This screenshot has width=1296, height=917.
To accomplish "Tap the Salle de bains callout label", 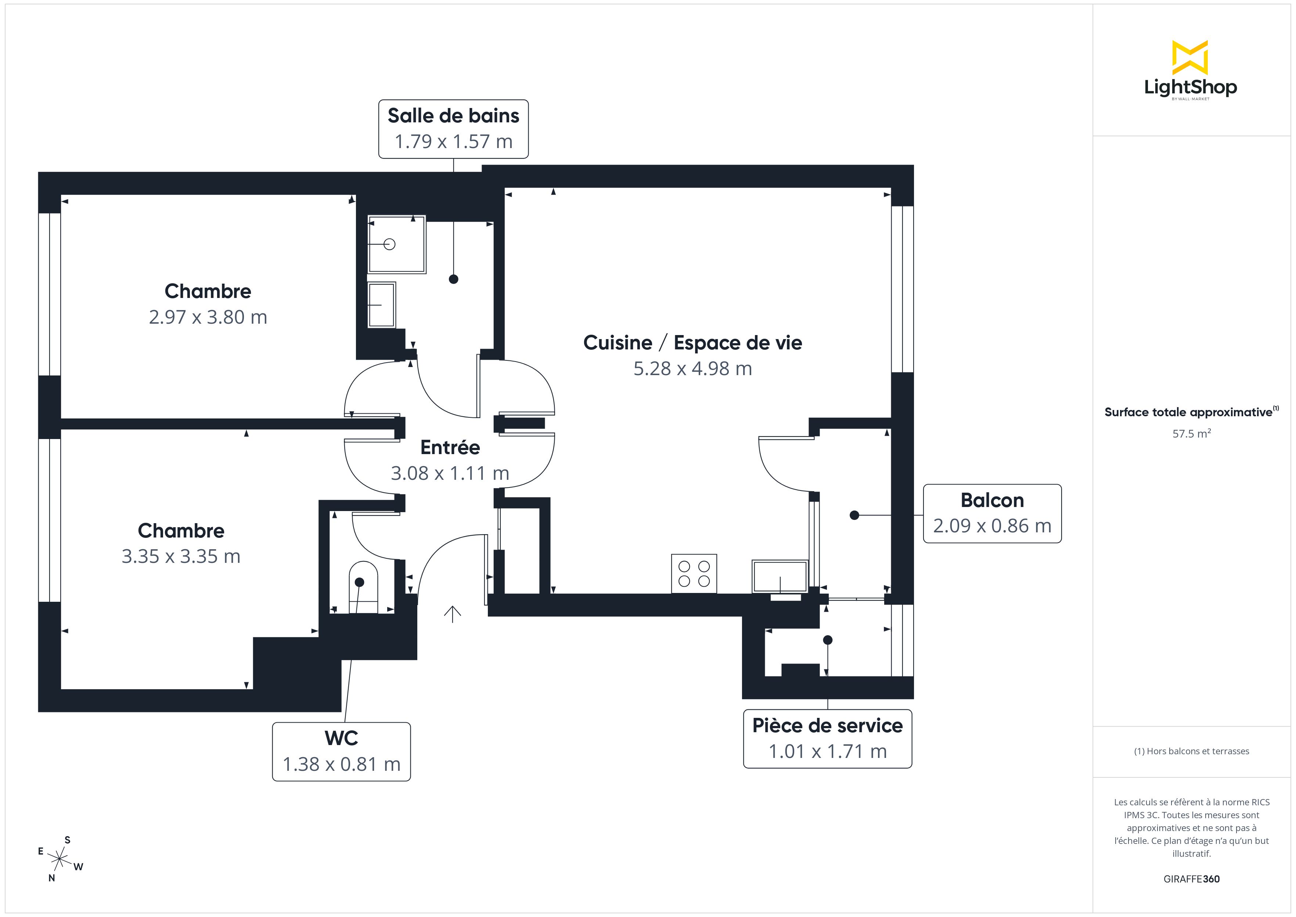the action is tap(453, 116).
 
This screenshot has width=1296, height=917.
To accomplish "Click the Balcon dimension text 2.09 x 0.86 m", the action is tap(992, 526).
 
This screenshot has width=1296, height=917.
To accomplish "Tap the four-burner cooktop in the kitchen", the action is tap(694, 574).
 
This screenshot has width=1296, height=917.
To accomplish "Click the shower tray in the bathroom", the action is tap(396, 244).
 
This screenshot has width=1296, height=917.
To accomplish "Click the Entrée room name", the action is tap(450, 447).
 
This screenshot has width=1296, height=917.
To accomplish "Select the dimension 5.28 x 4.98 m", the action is tap(692, 369).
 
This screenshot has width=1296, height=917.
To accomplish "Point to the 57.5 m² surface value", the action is tap(1191, 434).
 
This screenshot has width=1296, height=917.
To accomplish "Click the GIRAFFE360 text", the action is tap(1191, 879).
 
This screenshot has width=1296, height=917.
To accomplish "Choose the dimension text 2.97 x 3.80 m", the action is tap(208, 317).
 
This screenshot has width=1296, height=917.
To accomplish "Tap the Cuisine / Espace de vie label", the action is tap(692, 343).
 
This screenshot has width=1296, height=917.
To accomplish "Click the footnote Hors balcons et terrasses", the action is tap(1191, 751).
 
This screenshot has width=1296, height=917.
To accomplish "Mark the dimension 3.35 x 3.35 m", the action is tap(181, 557).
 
